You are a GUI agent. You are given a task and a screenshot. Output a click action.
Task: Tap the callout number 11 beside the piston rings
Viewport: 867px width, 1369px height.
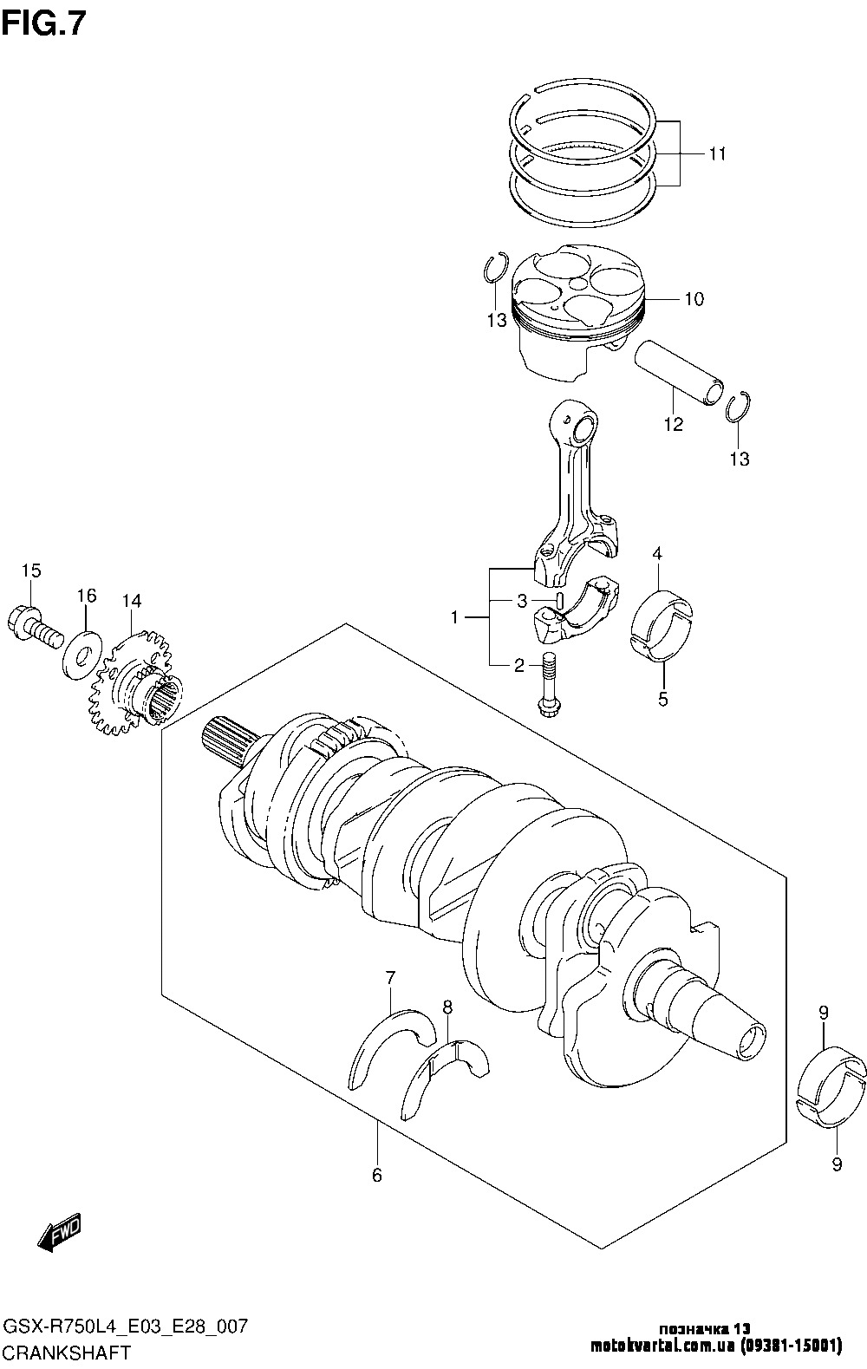click(x=717, y=154)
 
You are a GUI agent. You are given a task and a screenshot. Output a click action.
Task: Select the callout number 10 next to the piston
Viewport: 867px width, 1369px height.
click(x=694, y=299)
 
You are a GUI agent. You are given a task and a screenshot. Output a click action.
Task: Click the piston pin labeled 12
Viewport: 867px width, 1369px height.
click(x=678, y=373)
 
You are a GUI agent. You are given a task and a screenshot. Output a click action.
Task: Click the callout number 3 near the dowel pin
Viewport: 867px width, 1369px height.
click(x=522, y=601)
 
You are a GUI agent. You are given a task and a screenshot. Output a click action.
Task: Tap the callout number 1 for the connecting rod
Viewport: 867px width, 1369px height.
click(x=454, y=618)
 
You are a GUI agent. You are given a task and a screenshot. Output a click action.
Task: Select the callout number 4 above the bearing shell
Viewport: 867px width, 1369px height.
click(x=657, y=554)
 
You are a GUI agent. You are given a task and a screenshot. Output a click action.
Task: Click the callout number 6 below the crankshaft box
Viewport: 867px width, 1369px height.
click(x=377, y=1175)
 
